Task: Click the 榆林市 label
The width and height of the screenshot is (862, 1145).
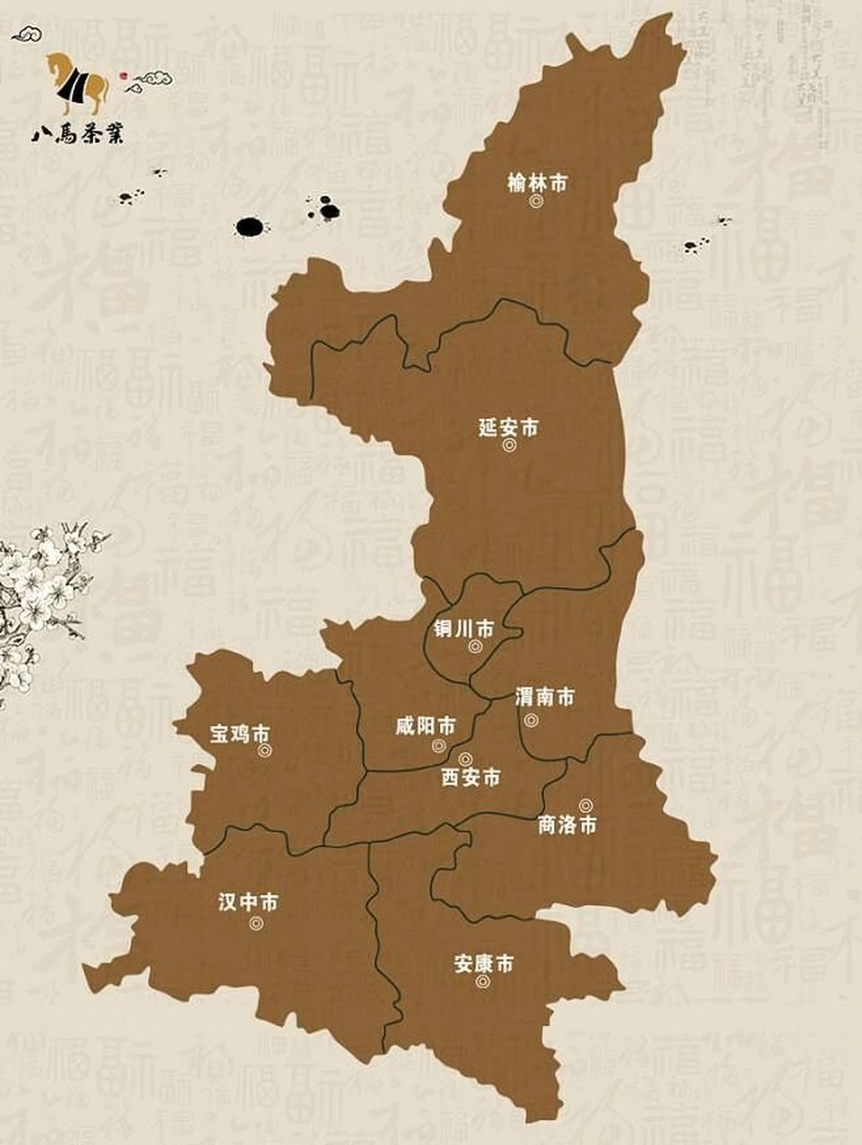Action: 536,184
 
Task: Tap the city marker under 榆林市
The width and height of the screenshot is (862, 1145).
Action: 535,203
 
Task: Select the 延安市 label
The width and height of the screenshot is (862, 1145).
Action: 508,428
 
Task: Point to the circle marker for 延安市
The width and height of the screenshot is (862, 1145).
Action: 509,445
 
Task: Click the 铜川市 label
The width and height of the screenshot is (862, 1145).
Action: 464,630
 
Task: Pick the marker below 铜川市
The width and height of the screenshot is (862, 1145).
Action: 475,646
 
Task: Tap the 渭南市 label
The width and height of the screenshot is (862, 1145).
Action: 544,698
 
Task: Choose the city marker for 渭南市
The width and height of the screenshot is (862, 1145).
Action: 531,720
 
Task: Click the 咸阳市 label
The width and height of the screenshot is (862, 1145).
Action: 425,725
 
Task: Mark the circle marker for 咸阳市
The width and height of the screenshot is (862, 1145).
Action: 439,745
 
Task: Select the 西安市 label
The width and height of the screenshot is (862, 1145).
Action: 471,778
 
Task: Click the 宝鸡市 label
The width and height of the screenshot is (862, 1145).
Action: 239,734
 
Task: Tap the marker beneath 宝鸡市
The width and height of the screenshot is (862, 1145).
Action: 264,751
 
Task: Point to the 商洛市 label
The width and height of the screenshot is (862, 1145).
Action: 567,825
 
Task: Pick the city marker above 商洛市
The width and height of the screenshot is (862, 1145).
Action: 585,805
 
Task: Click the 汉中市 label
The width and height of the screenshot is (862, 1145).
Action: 248,903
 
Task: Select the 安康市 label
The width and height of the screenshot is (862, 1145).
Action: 483,964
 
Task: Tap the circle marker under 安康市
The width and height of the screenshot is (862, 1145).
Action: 483,981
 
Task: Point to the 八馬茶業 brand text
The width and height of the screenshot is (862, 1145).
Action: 78,135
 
